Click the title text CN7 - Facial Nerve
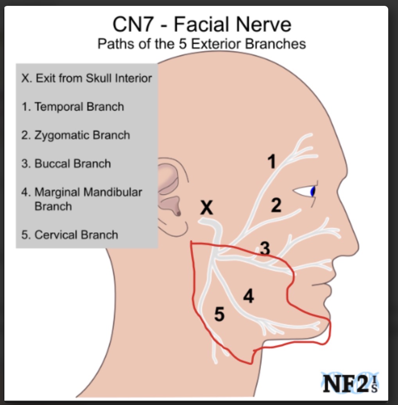tap(202, 25)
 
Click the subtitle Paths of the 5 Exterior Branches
tap(201, 43)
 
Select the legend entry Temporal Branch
tap(73, 107)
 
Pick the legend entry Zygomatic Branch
tap(75, 135)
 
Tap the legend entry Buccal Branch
tap(66, 163)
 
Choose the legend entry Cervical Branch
tap(70, 235)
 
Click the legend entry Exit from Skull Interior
tap(86, 78)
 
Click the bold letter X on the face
tap(207, 208)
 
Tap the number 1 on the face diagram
tap(271, 161)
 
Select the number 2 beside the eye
tap(276, 205)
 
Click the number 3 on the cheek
tap(265, 248)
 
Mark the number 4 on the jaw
tap(248, 297)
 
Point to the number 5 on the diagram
tap(220, 314)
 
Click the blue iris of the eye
tap(312, 192)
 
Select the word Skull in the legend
tap(100, 78)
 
